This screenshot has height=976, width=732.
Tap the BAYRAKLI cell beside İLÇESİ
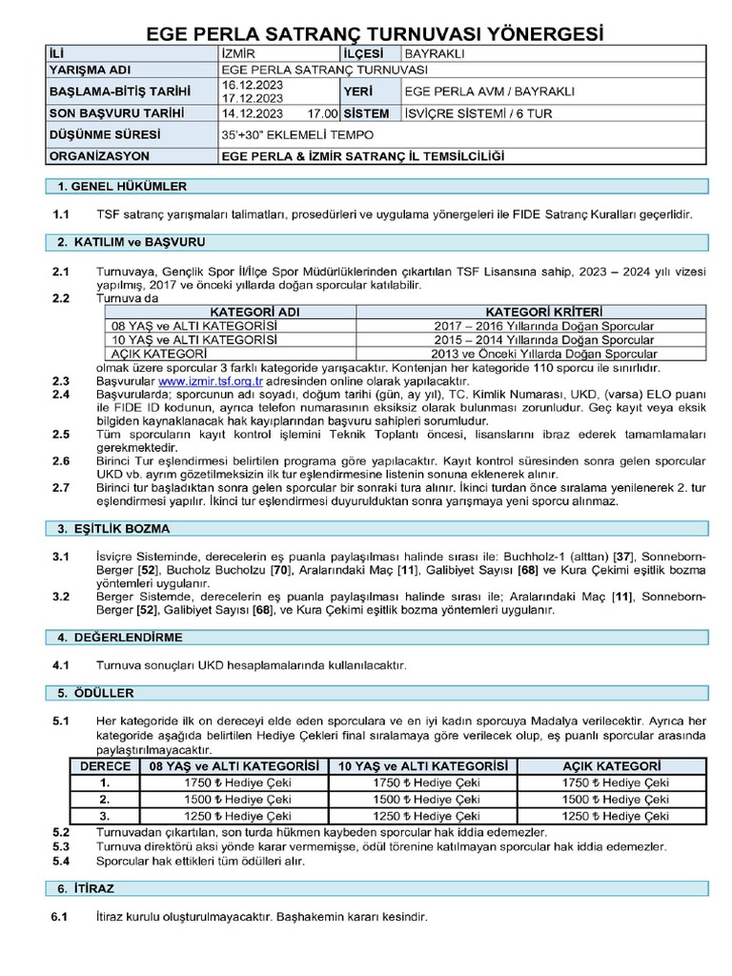434,54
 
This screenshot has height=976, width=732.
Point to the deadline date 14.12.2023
252,113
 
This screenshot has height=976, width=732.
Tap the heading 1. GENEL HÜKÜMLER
122,187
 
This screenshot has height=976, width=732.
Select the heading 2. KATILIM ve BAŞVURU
132,243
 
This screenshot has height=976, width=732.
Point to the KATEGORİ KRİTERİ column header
531,312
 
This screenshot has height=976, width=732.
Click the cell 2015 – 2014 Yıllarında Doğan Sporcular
531,339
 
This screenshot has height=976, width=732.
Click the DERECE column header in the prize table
105,766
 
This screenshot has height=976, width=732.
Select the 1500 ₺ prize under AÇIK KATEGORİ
615,800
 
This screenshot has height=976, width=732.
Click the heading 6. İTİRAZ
86,888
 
